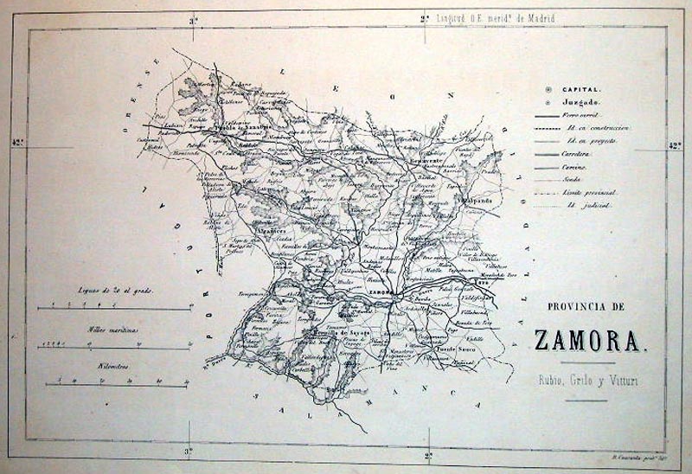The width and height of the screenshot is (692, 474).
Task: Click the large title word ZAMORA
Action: click(591, 339)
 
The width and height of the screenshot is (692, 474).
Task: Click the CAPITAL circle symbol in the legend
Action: click(548, 89)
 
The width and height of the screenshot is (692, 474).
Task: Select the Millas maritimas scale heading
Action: click(112, 330)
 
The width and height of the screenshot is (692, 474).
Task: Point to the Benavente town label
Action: click(427, 162)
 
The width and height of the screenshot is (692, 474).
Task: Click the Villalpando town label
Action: click(477, 200)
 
